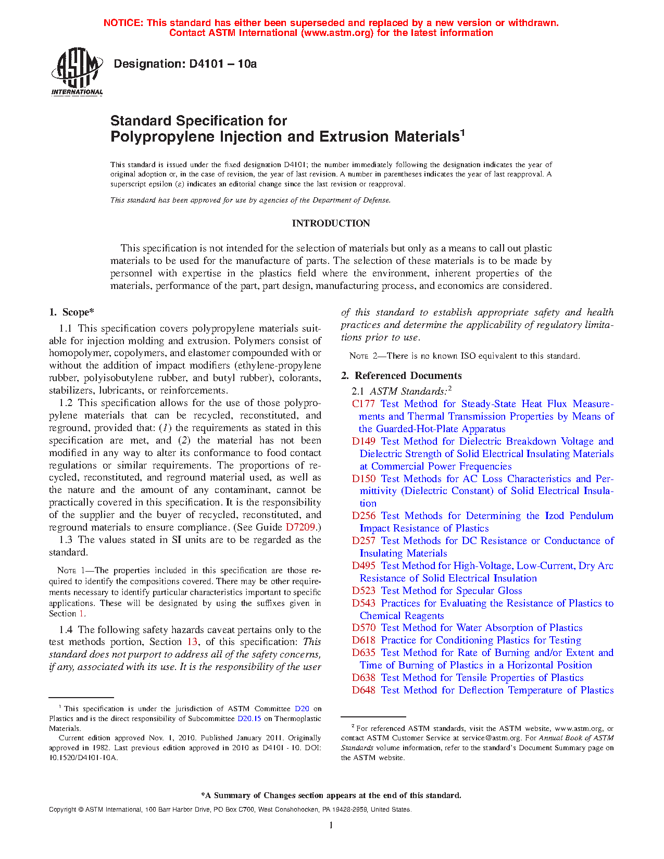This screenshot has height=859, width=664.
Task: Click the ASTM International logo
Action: click(77, 72)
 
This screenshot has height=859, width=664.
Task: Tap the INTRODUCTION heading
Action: click(331, 223)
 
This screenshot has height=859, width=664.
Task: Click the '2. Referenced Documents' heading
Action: click(401, 376)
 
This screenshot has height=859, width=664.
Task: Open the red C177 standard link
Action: click(363, 404)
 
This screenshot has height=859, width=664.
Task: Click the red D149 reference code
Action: click(363, 441)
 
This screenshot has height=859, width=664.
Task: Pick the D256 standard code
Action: click(363, 516)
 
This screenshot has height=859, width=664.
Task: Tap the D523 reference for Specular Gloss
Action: click(363, 591)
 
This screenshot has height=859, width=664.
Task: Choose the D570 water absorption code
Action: click(363, 628)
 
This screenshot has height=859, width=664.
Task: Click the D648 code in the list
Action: click(363, 690)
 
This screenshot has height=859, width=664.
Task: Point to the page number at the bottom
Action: click(331, 825)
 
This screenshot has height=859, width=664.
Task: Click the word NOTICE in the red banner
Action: click(123, 23)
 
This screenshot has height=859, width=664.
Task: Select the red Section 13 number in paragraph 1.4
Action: click(192, 642)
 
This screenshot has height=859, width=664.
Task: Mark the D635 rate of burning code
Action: click(363, 653)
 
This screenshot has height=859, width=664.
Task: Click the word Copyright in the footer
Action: click(62, 810)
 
